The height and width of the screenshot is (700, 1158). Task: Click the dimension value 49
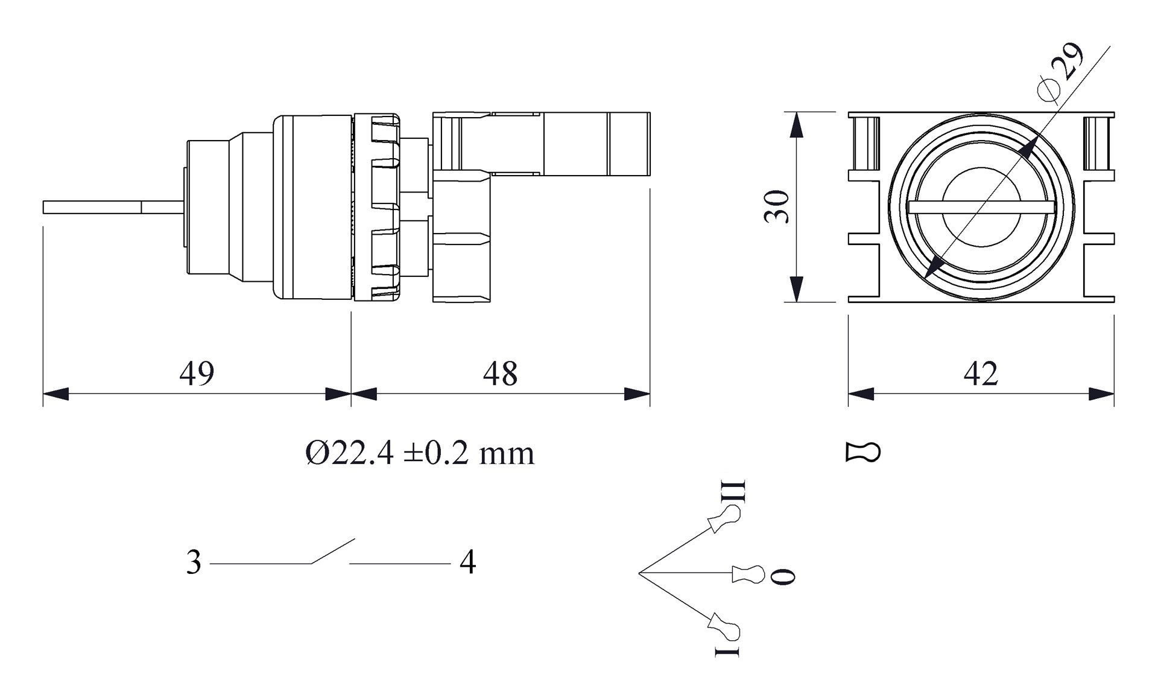(x=197, y=374)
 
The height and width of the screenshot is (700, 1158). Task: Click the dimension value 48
(x=500, y=374)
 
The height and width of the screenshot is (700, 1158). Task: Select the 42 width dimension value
(x=981, y=374)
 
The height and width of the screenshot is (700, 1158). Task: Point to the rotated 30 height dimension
(x=777, y=207)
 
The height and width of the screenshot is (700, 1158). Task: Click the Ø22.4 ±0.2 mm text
(x=420, y=453)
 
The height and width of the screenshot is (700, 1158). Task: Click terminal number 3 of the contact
(x=194, y=563)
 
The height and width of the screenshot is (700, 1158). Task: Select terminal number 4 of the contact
(x=467, y=563)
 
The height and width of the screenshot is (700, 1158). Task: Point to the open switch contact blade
(x=332, y=551)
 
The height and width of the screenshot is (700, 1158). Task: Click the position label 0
(x=783, y=576)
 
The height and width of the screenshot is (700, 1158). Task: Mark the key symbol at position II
(x=723, y=519)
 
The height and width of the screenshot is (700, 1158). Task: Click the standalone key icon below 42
(x=863, y=453)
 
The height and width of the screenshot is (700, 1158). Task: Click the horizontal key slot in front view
(x=981, y=207)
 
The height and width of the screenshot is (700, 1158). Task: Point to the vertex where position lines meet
(x=639, y=572)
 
